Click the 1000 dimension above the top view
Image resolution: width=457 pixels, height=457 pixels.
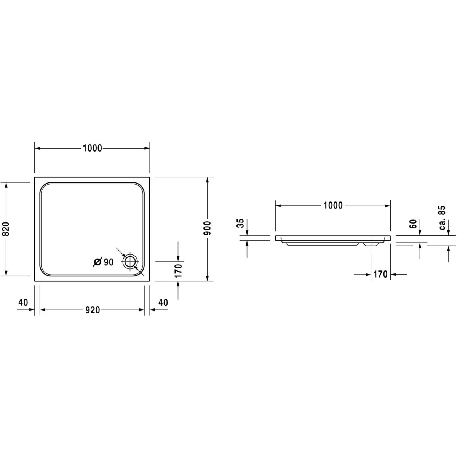point(92,148)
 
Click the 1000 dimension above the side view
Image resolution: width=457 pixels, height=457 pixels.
point(333,205)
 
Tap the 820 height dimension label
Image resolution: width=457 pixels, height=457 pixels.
point(6,229)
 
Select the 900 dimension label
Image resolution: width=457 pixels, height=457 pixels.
point(208,228)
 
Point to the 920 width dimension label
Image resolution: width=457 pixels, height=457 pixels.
point(93,310)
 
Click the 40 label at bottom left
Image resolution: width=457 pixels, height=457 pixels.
point(23,302)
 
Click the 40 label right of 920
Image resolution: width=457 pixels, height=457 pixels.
point(163,302)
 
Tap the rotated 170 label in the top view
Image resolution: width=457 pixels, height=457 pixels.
point(178,271)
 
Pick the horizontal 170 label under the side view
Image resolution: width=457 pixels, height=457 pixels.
point(380,274)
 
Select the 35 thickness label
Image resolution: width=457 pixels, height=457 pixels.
point(241,223)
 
